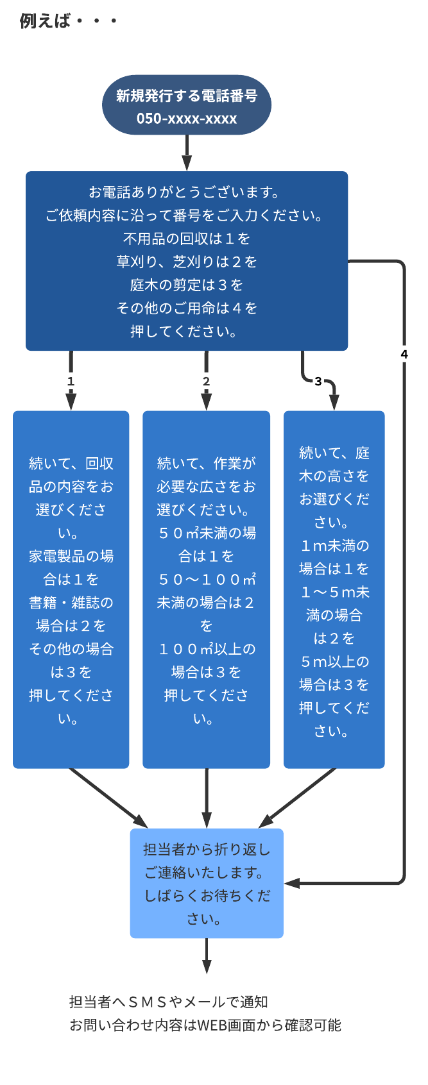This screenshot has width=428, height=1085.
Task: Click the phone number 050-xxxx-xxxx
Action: [x=187, y=119]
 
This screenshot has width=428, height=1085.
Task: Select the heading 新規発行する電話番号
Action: [x=187, y=96]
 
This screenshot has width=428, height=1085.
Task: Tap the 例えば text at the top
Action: [x=44, y=21]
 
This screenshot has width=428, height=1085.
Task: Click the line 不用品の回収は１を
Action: [x=187, y=239]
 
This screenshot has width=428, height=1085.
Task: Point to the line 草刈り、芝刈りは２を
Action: [x=187, y=262]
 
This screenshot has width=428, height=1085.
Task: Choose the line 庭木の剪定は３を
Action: [x=187, y=285]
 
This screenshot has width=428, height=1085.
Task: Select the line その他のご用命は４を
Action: [x=187, y=308]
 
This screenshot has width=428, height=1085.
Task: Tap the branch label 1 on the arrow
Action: [x=71, y=382]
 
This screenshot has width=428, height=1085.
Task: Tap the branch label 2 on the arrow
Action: [x=206, y=382]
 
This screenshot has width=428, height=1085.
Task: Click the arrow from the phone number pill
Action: [x=187, y=154]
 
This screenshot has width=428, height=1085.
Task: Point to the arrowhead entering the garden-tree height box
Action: [x=334, y=403]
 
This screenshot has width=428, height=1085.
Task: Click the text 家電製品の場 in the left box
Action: [x=71, y=556]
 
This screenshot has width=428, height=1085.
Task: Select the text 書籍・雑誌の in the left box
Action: [x=71, y=602]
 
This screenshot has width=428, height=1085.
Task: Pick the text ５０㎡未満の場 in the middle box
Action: [x=206, y=533]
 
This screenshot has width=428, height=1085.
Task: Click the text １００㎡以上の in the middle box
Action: [x=206, y=649]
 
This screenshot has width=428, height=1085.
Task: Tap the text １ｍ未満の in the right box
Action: [x=334, y=546]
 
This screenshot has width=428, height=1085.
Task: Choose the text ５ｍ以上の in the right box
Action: [x=334, y=661]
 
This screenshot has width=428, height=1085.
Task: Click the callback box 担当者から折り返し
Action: [x=207, y=850]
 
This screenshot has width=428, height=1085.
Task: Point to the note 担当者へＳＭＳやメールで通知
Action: [x=169, y=1002]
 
